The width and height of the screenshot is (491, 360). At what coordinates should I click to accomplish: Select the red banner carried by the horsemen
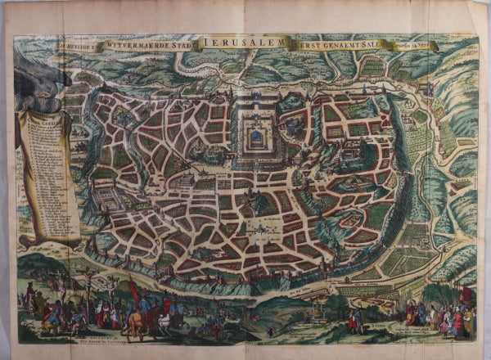pyautogui.click(x=134, y=290)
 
